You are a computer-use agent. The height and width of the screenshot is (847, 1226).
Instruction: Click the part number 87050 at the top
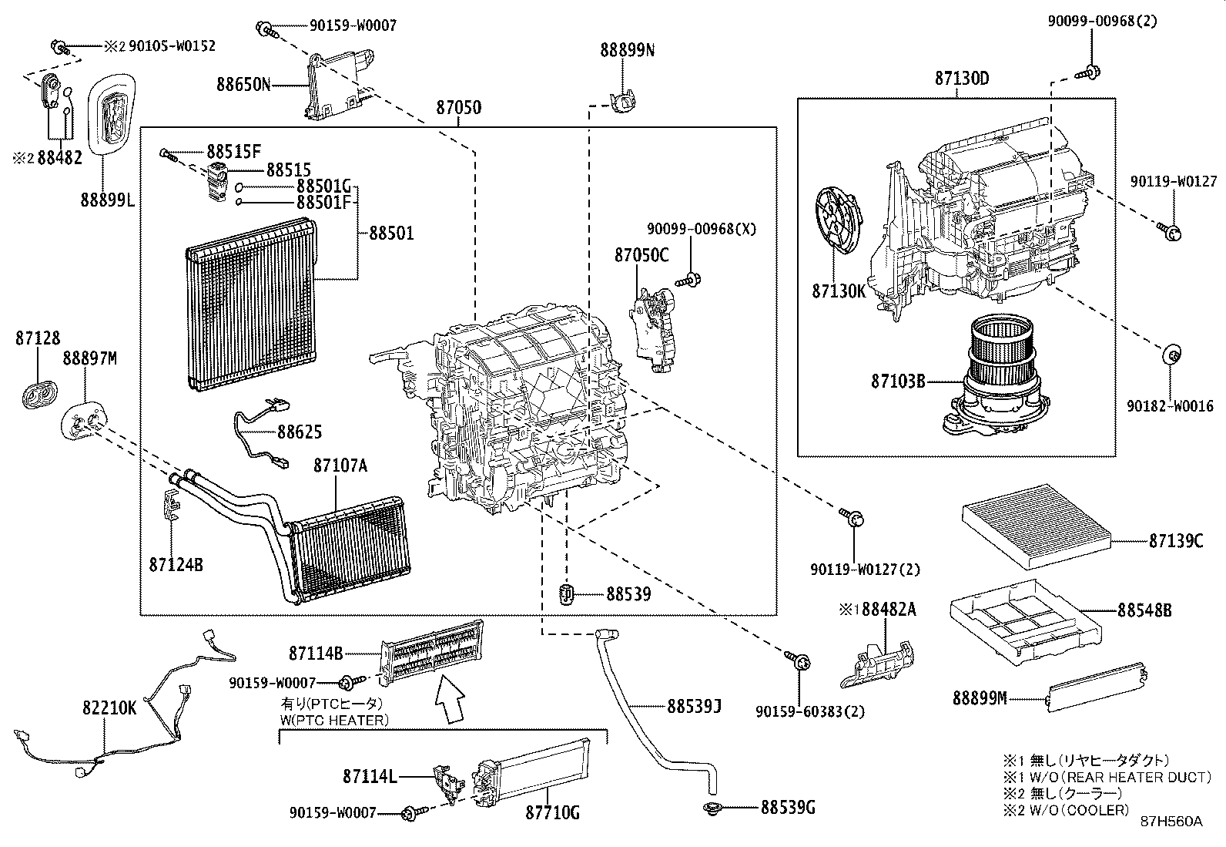point(458,107)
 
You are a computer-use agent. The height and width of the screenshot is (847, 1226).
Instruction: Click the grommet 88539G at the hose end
point(711,808)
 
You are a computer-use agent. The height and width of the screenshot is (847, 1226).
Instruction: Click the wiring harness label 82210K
point(109,708)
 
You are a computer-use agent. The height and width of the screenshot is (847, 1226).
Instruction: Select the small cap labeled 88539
point(568,595)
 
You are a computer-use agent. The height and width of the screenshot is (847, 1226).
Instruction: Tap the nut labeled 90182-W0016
point(1170,355)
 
